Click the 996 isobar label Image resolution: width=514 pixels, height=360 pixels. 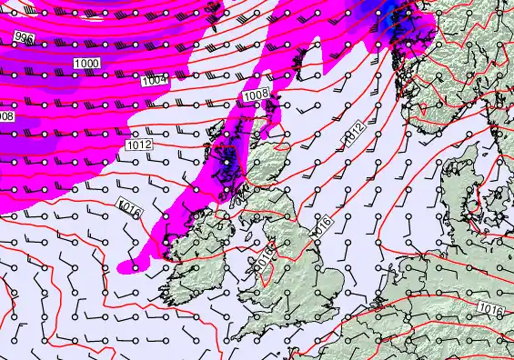24,38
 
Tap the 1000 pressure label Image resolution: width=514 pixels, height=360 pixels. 87,64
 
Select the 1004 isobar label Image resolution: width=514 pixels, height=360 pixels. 156,81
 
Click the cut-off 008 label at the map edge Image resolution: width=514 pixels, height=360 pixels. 6,116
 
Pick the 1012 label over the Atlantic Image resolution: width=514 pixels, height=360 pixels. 138,145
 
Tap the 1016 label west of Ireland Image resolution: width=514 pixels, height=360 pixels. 130,209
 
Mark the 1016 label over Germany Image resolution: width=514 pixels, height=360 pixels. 489,312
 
